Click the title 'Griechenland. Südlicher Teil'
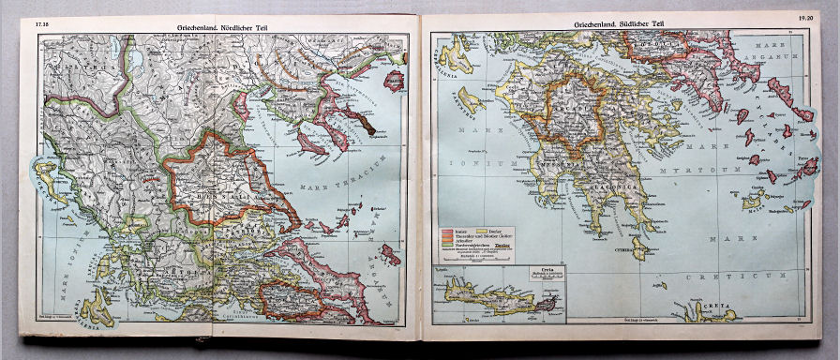tap(620, 23)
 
